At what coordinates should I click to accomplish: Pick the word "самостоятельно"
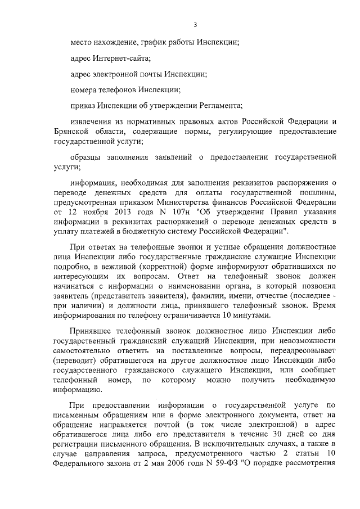[83, 352]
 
